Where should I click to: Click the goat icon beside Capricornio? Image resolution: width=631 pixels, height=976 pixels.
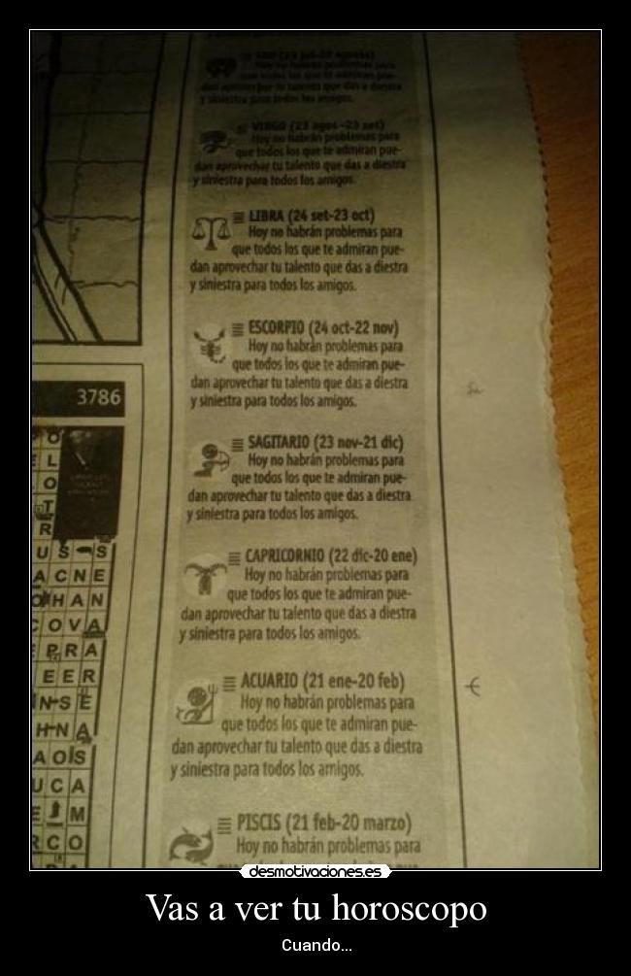coord(203,575)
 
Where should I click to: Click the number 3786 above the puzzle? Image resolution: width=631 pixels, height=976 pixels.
coord(98,397)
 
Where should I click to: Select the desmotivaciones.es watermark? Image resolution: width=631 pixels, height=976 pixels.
coord(315,871)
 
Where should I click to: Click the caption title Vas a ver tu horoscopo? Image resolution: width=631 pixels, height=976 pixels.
coord(315,910)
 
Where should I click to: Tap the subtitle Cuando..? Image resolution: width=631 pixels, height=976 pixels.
coord(315,945)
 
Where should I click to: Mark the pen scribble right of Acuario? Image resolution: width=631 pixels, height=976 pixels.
coord(473,687)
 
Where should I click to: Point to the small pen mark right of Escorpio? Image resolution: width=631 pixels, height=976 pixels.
coord(473,389)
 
